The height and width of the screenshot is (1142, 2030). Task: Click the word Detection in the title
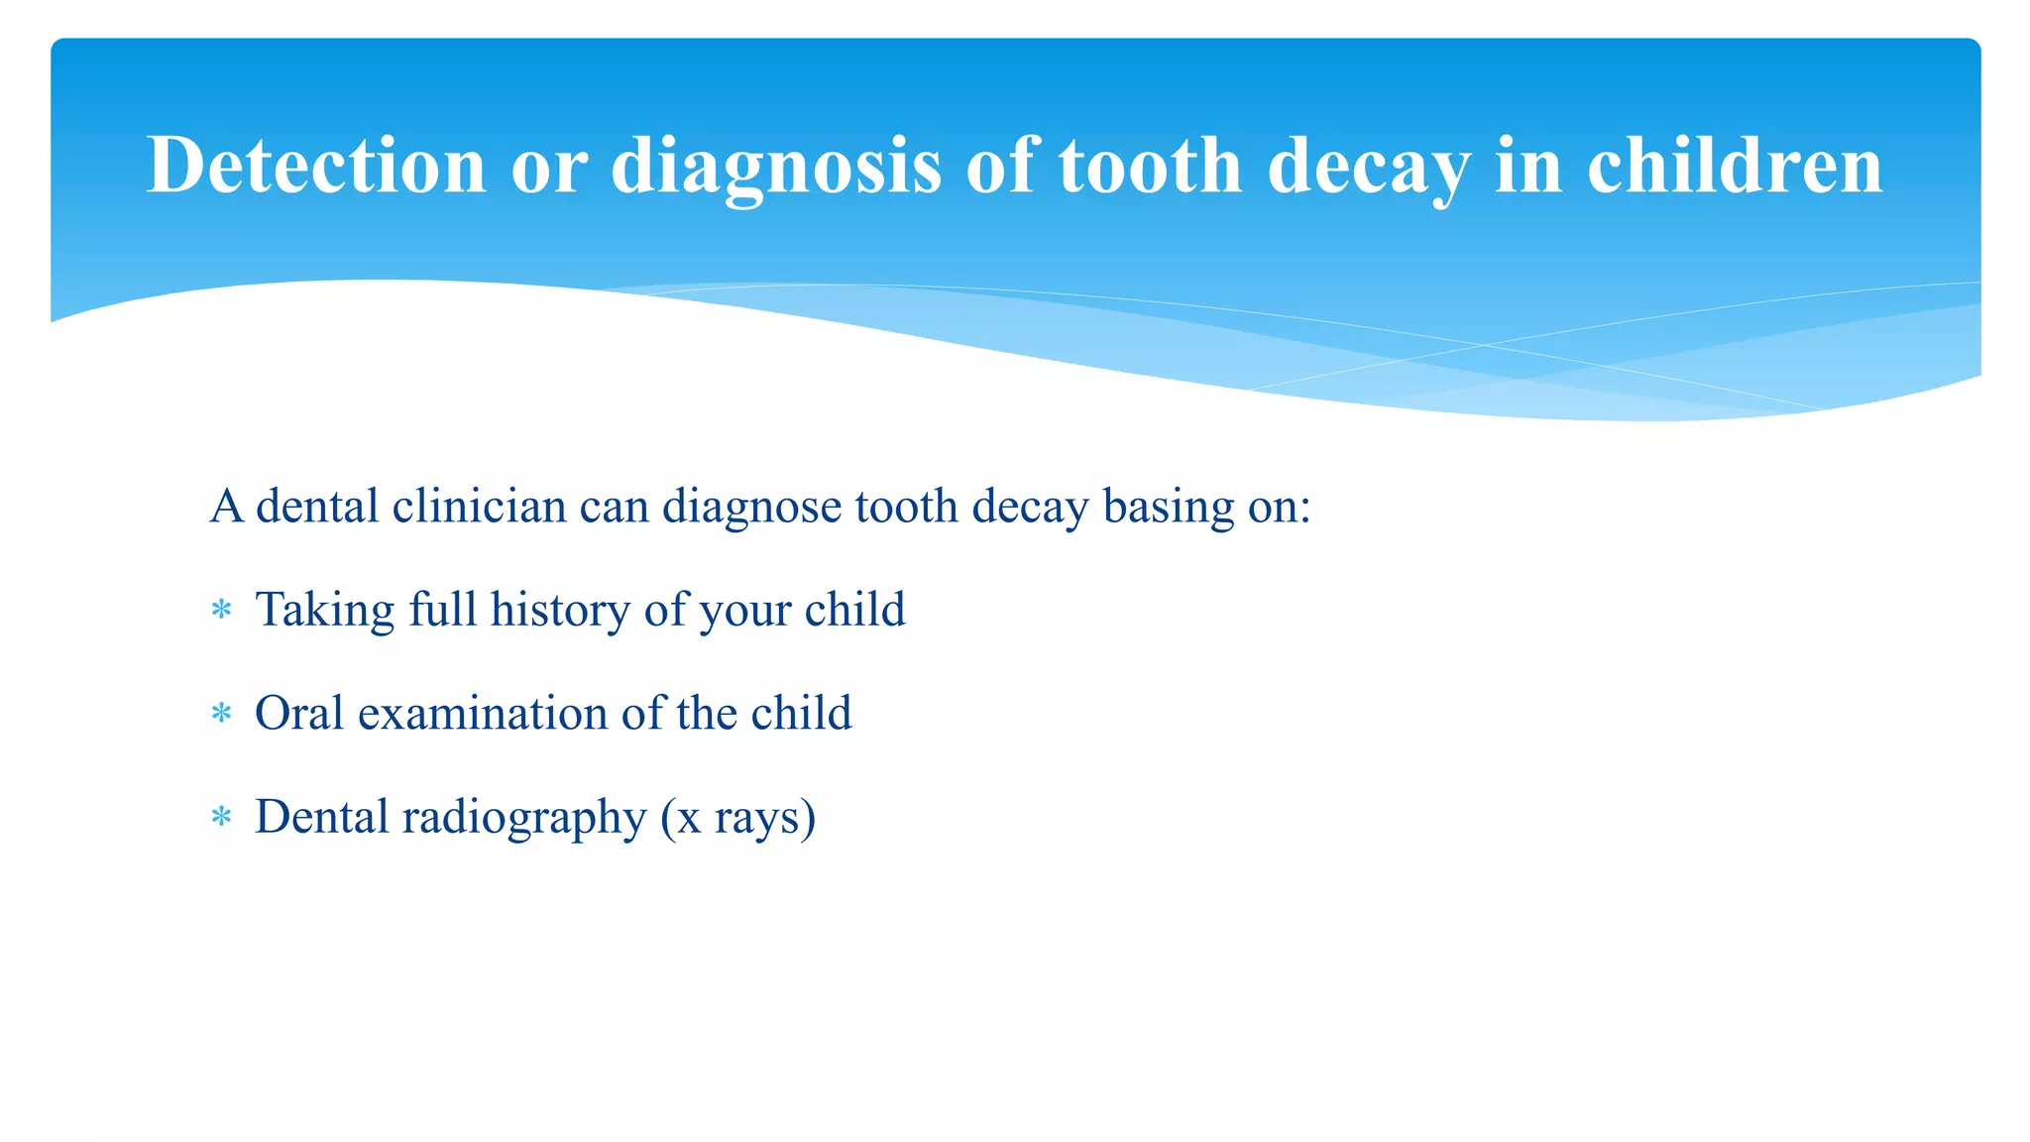coord(316,166)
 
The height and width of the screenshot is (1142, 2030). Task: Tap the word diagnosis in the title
coord(775,166)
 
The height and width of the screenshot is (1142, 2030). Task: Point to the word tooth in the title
coord(1150,166)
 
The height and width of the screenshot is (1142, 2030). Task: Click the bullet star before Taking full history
coord(221,610)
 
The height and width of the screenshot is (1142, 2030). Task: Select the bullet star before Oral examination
coord(221,714)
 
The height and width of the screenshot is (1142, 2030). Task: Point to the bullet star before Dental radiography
coord(221,818)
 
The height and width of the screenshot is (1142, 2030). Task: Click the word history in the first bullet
coord(560,610)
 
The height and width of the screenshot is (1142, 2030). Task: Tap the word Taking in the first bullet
coord(325,610)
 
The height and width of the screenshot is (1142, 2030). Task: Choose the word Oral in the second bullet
coord(299,714)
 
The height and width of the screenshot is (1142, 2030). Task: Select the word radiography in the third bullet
coord(524,818)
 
